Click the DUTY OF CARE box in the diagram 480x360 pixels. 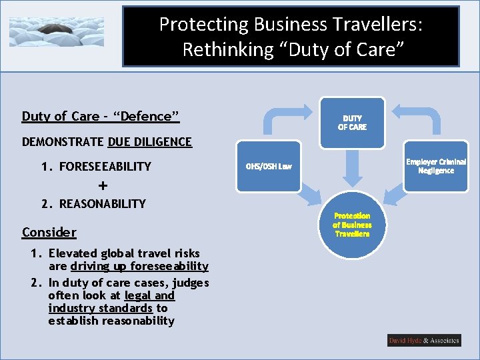click(352, 122)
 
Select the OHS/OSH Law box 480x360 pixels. click(268, 165)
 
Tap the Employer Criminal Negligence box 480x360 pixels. click(436, 166)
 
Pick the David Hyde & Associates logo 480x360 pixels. click(424, 341)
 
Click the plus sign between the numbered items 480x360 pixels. click(103, 185)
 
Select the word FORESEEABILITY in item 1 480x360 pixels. click(105, 167)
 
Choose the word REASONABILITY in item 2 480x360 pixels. click(103, 204)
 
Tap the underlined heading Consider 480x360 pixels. click(49, 232)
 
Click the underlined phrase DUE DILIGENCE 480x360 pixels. click(149, 142)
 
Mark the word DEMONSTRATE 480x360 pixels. click(63, 142)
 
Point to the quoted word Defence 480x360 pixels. click(147, 117)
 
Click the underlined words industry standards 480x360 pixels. click(100, 308)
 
